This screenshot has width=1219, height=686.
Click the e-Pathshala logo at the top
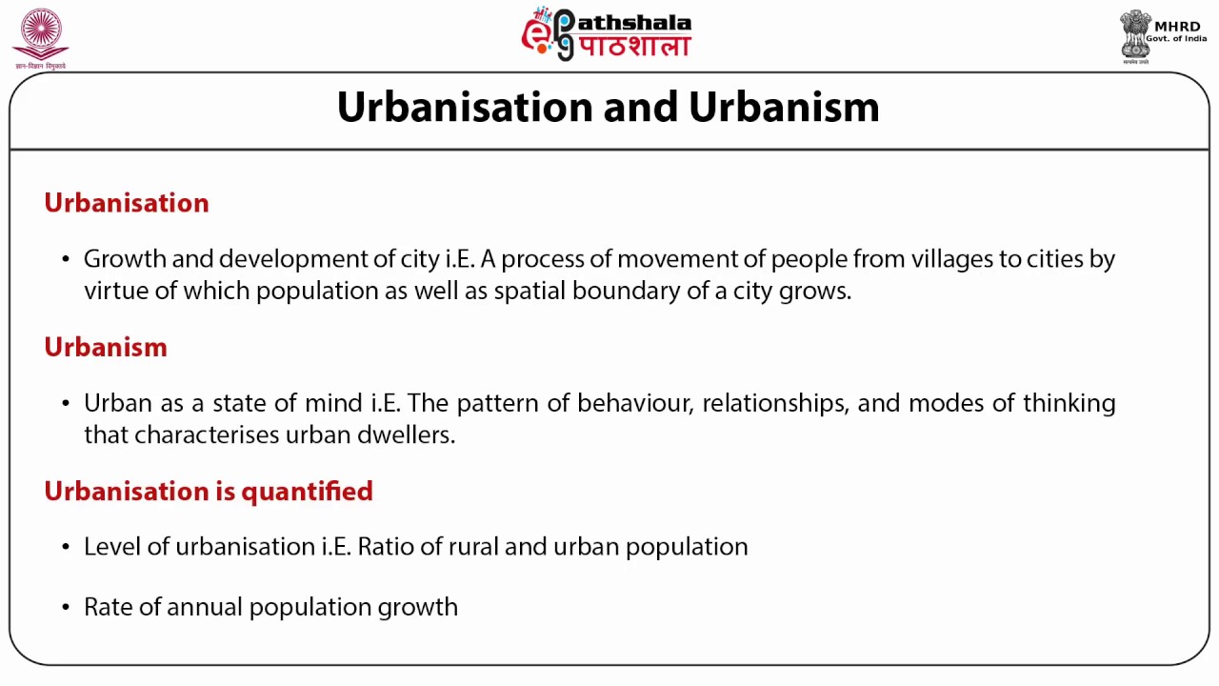pos(606,34)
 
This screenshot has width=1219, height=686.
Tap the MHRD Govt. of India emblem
pos(1160,36)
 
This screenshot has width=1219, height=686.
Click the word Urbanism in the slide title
pos(784,107)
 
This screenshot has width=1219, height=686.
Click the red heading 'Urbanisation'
pos(126,203)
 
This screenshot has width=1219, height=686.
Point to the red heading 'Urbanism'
pos(105,347)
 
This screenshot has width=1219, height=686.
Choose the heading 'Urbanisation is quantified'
pos(208,491)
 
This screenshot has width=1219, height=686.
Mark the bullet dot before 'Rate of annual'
pos(66,608)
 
